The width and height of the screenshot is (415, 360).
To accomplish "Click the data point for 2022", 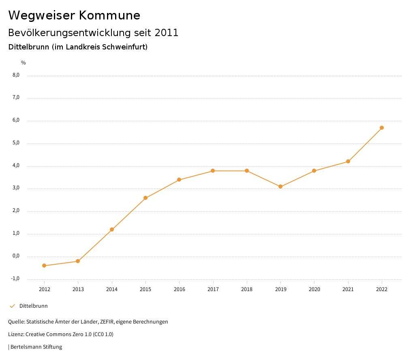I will [x=382, y=128].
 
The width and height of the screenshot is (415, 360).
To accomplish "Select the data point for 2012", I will [x=44, y=266].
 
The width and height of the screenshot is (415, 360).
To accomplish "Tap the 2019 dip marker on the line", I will [x=280, y=186].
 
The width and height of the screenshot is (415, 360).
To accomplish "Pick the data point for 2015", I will [x=145, y=198].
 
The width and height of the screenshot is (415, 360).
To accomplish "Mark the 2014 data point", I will [x=112, y=229].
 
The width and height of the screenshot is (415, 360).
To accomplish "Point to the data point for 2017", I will [x=213, y=171].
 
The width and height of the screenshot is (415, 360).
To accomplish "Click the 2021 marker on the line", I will [x=348, y=162].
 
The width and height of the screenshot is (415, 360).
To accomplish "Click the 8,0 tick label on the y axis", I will [x=16, y=75].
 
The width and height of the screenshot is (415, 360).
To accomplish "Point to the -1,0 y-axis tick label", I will [x=15, y=279].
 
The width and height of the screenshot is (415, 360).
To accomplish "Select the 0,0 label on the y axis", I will [x=16, y=256].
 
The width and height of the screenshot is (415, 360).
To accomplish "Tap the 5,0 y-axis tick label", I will [x=16, y=143].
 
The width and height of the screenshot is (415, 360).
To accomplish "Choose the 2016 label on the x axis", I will [x=179, y=289].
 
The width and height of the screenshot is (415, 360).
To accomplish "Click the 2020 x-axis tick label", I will [x=314, y=289].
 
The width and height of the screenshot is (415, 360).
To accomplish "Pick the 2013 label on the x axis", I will [x=78, y=289].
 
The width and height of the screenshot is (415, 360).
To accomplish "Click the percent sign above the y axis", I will [x=24, y=63].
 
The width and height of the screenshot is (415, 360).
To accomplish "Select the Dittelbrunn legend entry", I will [x=33, y=306].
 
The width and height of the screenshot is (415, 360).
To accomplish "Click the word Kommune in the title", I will [x=109, y=15].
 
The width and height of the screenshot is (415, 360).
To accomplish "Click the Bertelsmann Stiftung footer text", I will [x=36, y=347].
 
